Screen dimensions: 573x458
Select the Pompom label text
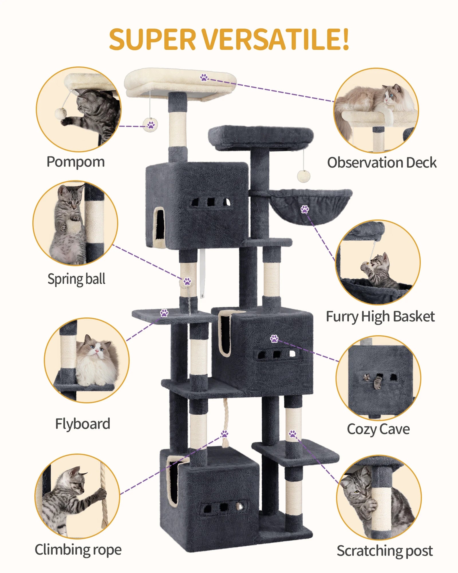(76, 162)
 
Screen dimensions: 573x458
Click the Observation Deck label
(382, 163)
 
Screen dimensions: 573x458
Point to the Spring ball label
(76, 279)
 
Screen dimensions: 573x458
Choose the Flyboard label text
(82, 424)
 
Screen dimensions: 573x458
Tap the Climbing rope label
(78, 550)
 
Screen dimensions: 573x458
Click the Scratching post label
(384, 551)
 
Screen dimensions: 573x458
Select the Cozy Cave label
(378, 429)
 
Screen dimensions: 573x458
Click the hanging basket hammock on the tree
(312, 205)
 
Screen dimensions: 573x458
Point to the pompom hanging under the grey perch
(303, 176)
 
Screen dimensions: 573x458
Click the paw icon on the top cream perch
(204, 77)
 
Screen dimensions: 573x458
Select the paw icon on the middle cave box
(274, 339)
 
